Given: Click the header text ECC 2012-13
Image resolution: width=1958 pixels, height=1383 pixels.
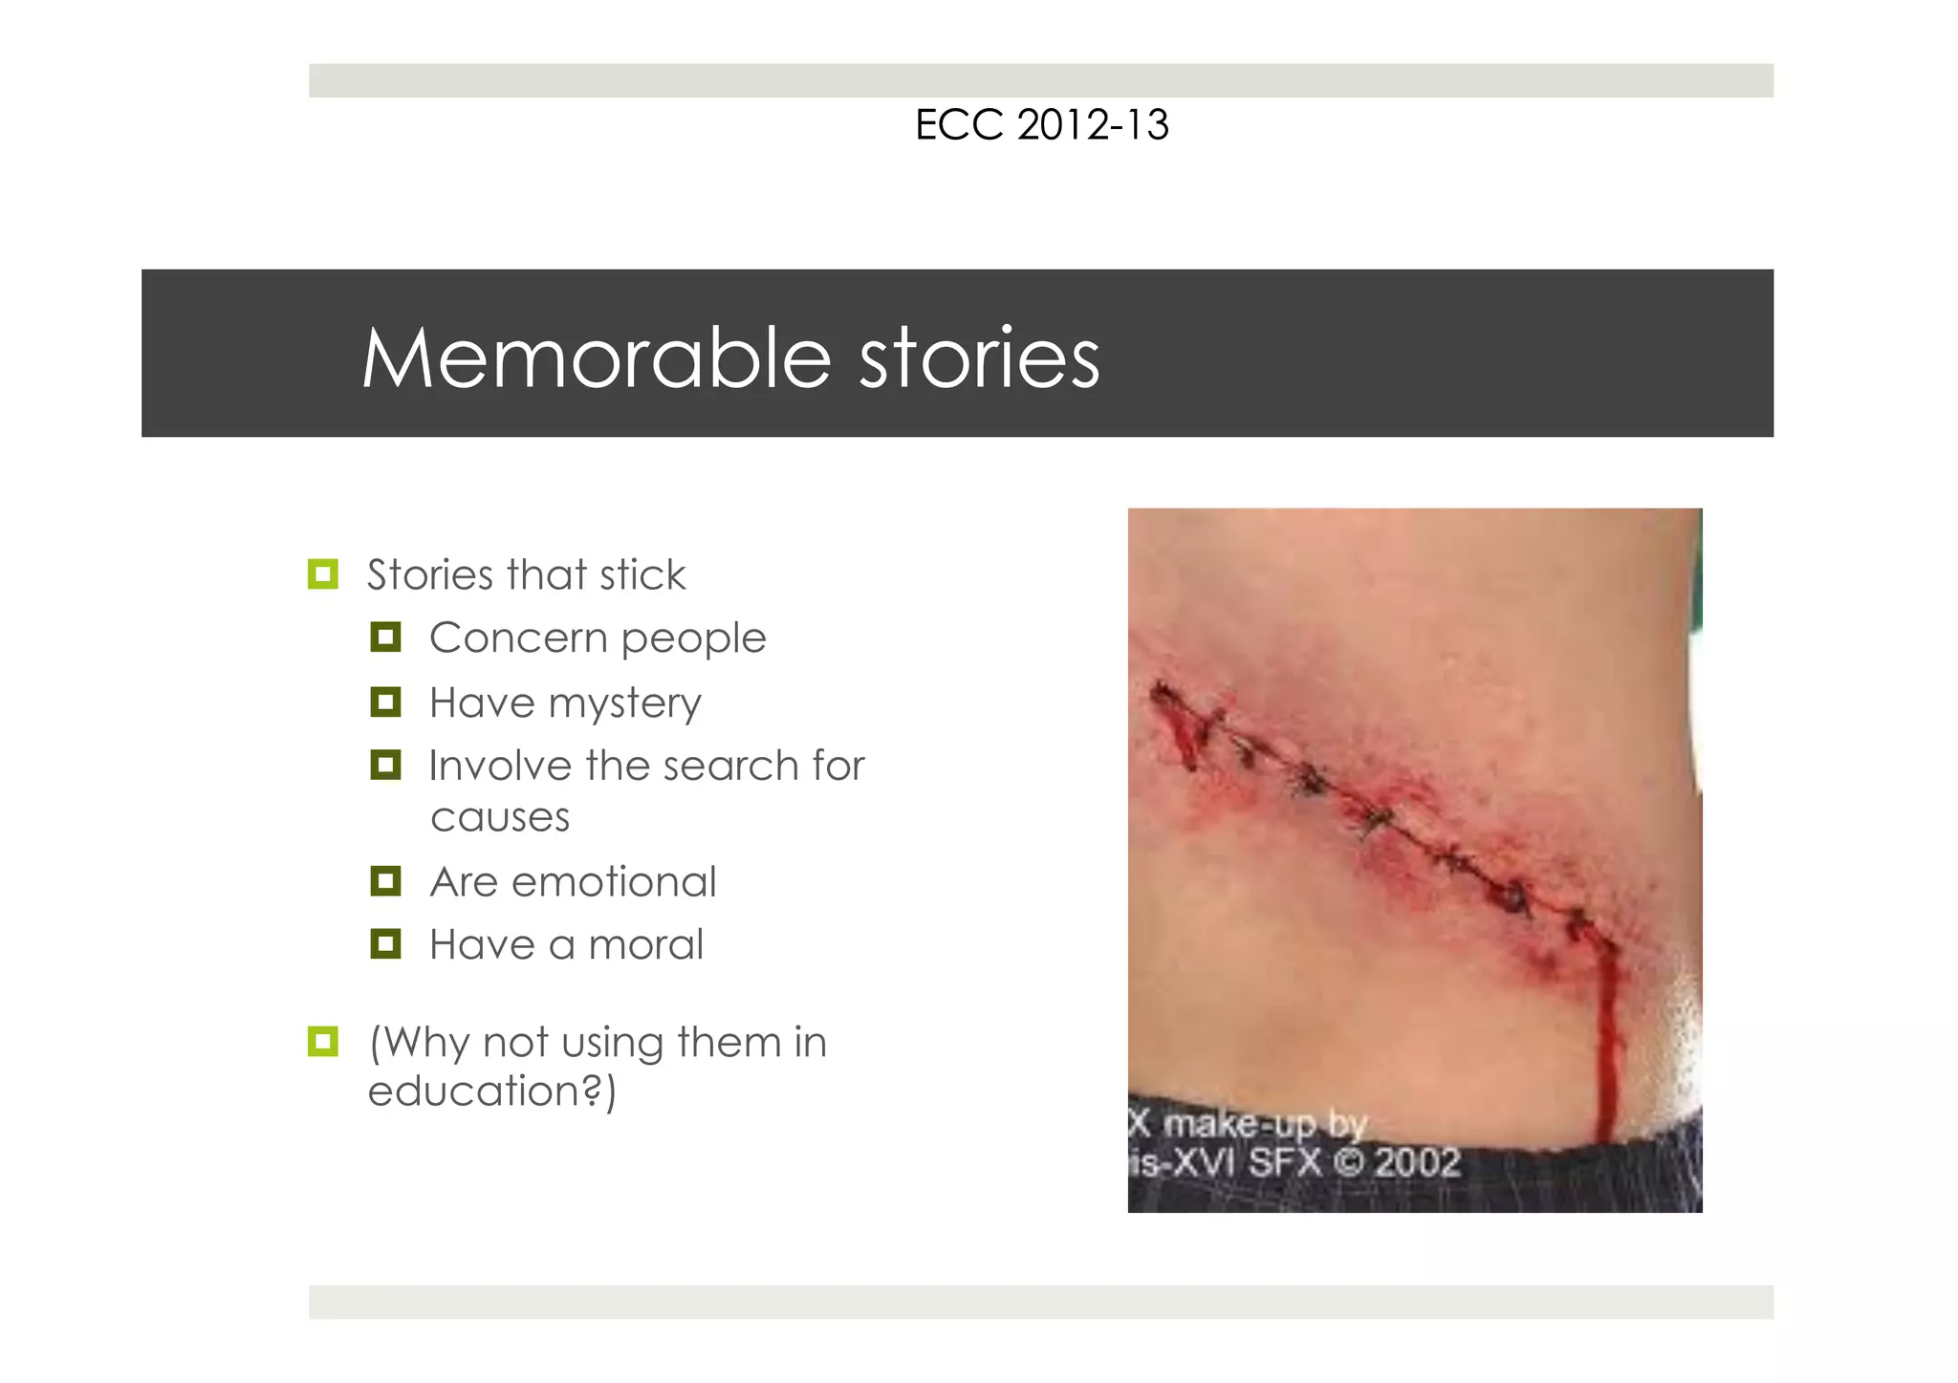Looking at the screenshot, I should [x=1041, y=125].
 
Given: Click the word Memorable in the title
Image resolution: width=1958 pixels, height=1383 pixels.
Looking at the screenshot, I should [x=597, y=359].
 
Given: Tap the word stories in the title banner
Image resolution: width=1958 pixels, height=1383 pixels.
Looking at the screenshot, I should [x=979, y=359].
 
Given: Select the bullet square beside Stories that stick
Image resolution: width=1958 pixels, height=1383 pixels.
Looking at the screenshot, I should [x=323, y=574].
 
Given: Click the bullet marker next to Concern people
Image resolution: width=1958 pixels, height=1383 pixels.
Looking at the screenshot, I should [x=385, y=637].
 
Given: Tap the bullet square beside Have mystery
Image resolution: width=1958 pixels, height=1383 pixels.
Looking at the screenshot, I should [x=385, y=702].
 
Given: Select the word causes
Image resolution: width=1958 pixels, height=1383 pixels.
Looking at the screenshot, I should [x=500, y=818].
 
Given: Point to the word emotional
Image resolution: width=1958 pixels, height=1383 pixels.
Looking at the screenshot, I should [x=614, y=881].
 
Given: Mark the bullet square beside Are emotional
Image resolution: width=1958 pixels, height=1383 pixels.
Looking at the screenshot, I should [x=385, y=881].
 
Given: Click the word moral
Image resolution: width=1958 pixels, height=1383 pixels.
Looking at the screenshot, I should [x=645, y=945].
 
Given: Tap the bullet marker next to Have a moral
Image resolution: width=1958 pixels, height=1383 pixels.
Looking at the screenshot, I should [x=385, y=944].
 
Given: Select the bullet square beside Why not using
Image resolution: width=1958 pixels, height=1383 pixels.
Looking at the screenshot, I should [x=323, y=1042].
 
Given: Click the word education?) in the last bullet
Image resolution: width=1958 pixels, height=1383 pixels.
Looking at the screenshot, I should [x=492, y=1091].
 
